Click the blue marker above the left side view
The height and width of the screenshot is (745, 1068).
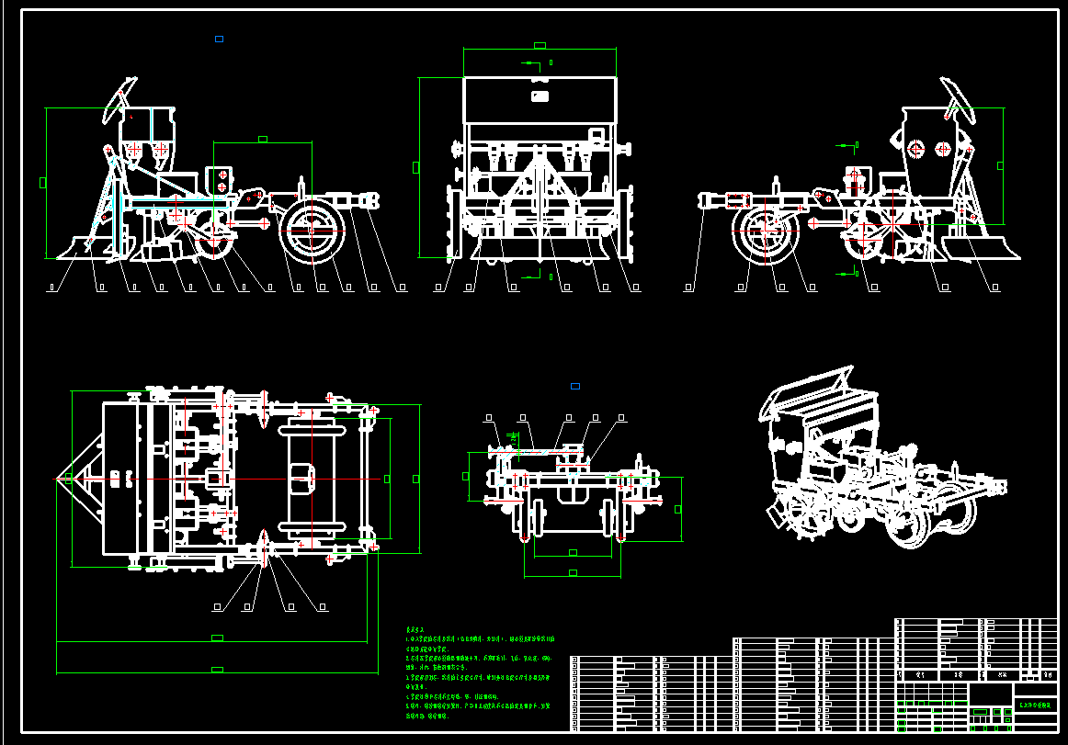click(x=219, y=39)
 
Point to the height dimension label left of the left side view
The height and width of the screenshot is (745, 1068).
click(x=42, y=182)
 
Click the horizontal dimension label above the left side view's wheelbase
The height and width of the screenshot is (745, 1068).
click(x=263, y=140)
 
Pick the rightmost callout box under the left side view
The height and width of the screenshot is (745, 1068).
click(x=402, y=288)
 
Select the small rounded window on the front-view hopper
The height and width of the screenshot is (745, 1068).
click(x=540, y=96)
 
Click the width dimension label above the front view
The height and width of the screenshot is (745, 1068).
click(x=540, y=45)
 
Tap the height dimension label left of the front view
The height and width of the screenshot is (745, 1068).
click(x=415, y=166)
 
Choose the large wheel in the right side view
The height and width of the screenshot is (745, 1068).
click(x=765, y=231)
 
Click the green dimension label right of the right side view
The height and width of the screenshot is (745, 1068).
click(x=1001, y=165)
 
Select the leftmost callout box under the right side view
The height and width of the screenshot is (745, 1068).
click(x=689, y=288)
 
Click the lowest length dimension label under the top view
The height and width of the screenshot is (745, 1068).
click(x=217, y=670)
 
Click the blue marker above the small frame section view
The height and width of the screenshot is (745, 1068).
click(x=575, y=386)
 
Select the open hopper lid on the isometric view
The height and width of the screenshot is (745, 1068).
click(x=810, y=389)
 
